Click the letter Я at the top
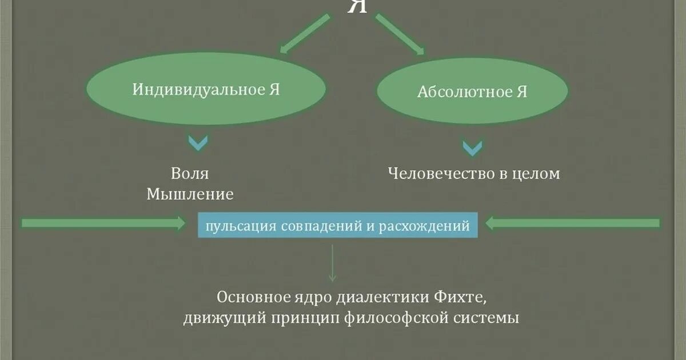coord(357,7)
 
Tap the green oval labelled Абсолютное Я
coord(472,92)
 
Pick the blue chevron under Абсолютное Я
coord(472,148)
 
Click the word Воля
coord(190,173)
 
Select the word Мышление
coord(190,194)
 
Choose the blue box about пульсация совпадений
coord(338,226)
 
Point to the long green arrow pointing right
coord(103,223)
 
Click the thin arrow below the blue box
coord(332,263)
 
